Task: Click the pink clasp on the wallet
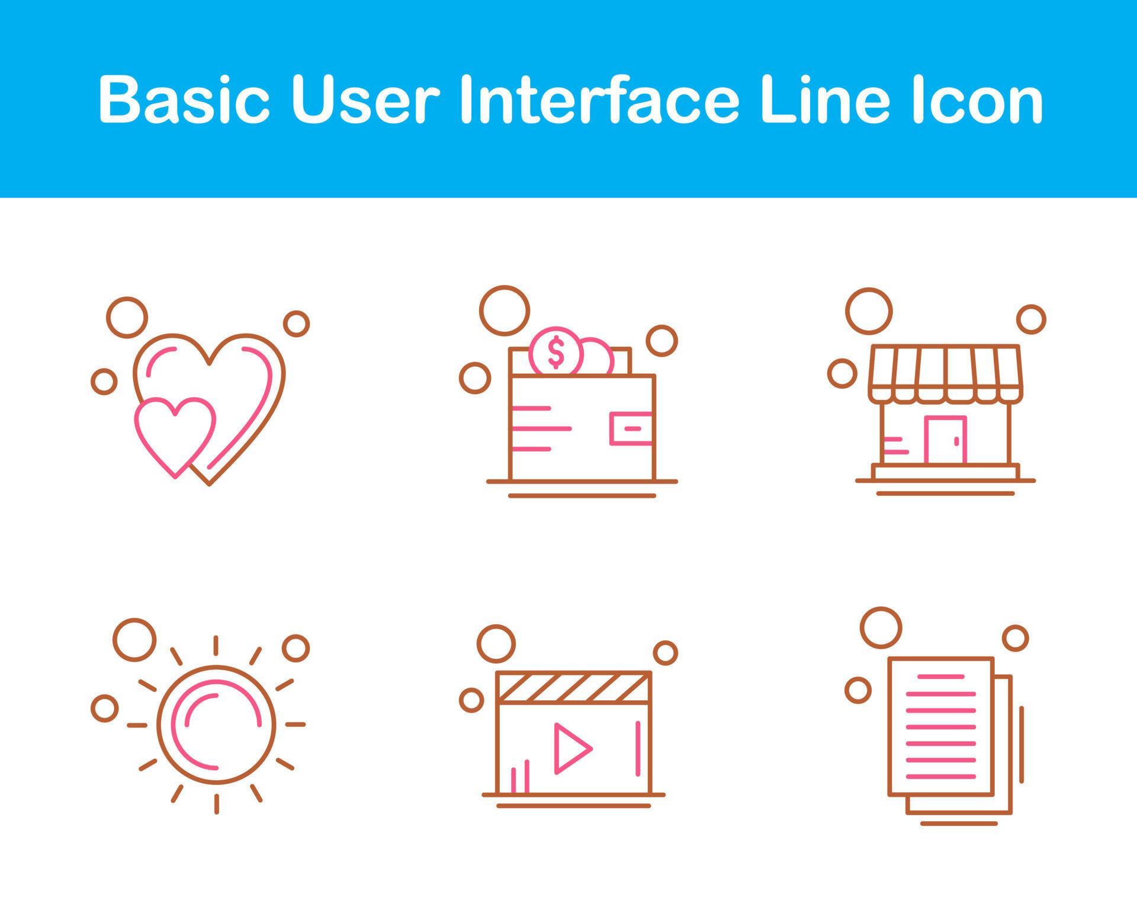pos(631,428)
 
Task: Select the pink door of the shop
pos(945,440)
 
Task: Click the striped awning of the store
pos(945,373)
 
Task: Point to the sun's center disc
pos(217,723)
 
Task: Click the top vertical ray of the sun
pos(216,645)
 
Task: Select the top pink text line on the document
pos(940,676)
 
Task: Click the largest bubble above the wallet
pos(504,310)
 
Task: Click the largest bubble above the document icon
pos(881,627)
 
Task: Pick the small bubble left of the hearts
pos(104,381)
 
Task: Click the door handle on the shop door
pos(956,441)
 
